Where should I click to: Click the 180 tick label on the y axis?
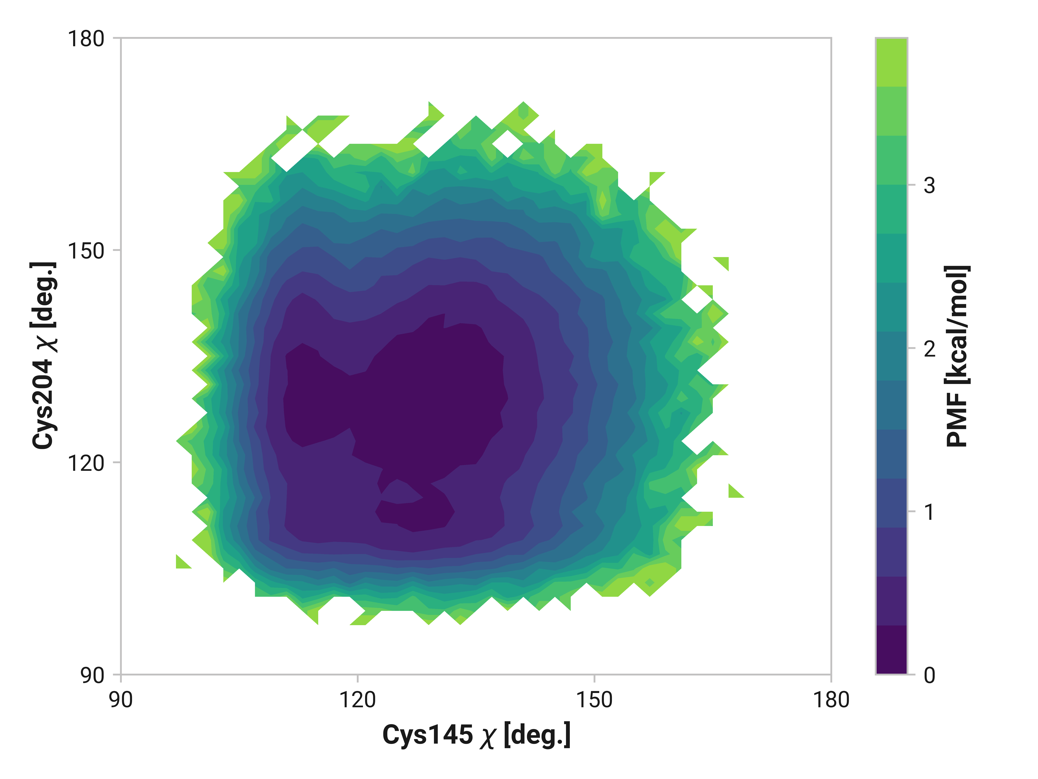(x=86, y=39)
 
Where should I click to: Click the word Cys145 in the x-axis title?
(x=428, y=735)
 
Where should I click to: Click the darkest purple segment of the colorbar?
(x=892, y=650)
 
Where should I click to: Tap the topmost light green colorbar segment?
(x=892, y=62)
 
